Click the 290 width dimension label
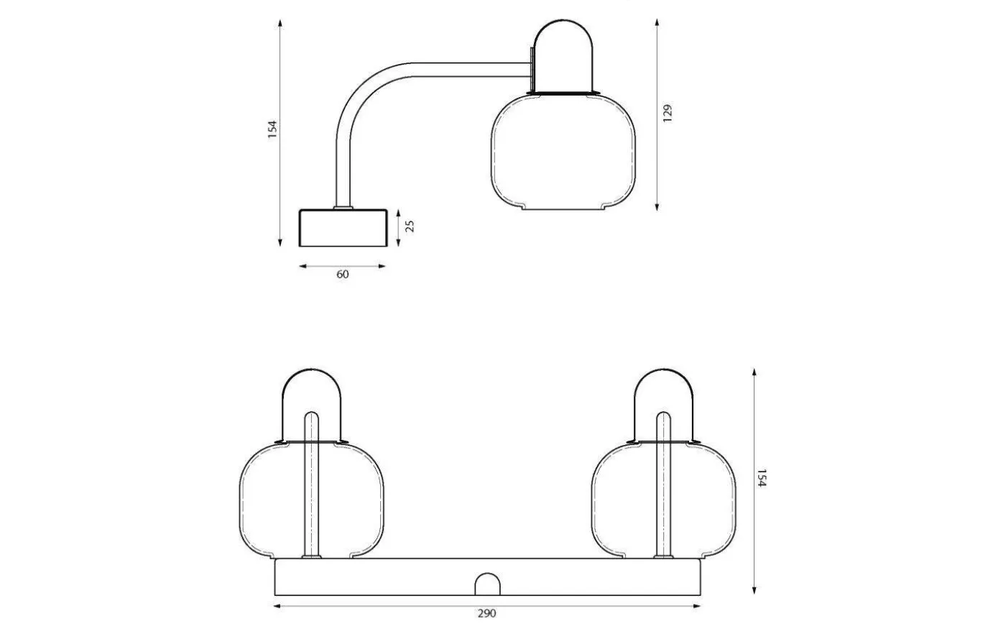(x=486, y=613)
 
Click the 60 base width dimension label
(x=343, y=274)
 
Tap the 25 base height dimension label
(x=410, y=226)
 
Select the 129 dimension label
(x=668, y=114)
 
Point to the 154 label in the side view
(x=272, y=129)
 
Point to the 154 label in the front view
(x=762, y=479)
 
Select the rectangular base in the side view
(x=343, y=227)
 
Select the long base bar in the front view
(x=402, y=577)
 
